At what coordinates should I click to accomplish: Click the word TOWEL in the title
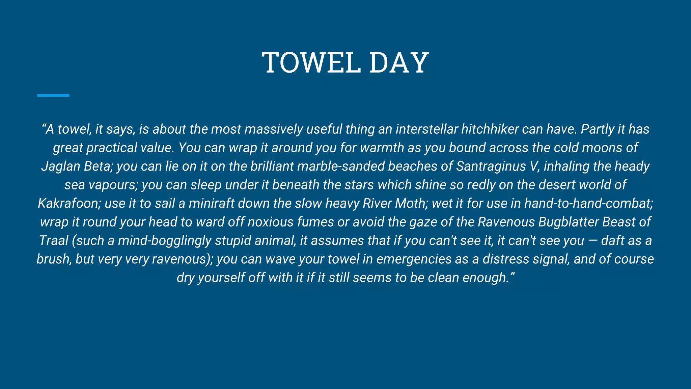(x=311, y=62)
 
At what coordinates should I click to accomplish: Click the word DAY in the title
(x=398, y=62)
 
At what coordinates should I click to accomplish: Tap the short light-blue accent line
(x=53, y=96)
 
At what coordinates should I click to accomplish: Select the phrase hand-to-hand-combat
(x=588, y=204)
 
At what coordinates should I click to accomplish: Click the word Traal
(x=54, y=241)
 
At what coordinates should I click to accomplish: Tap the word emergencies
(x=414, y=259)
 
